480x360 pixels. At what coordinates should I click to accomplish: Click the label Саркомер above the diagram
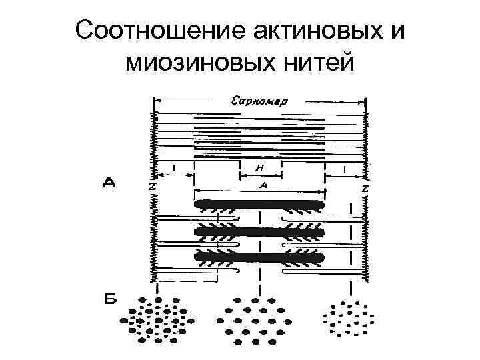[x=259, y=101]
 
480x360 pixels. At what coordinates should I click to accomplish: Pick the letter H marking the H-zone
[x=260, y=169]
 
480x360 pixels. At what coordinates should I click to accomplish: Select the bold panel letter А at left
[x=109, y=182]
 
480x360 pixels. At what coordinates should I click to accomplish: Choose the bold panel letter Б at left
[x=109, y=299]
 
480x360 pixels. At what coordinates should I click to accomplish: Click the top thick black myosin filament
[x=259, y=204]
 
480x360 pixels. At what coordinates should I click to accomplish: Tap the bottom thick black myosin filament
[x=259, y=257]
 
